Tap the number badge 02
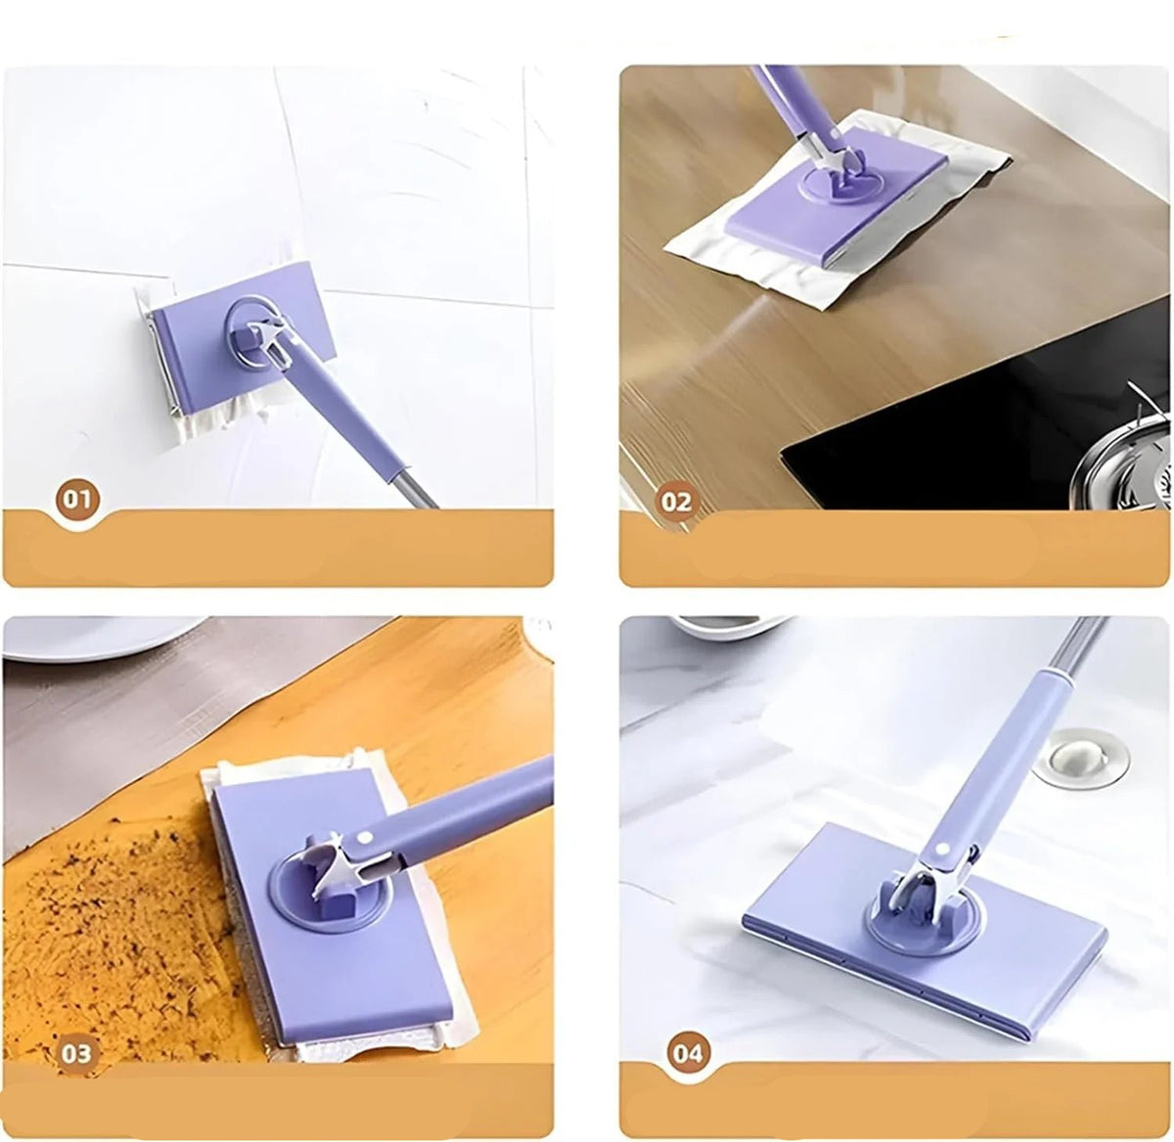point(676,502)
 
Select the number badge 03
point(76,1053)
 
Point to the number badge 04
point(689,1053)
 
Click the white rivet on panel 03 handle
point(364,838)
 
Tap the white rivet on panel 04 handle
point(938,850)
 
